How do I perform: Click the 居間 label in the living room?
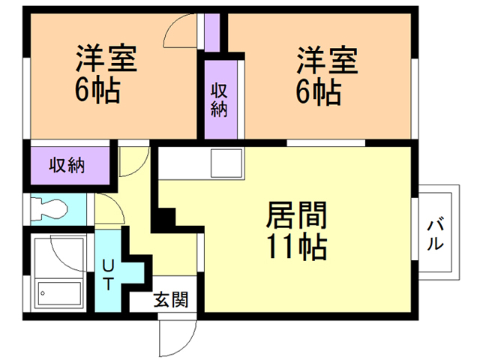pos(297,217)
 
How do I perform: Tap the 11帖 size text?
pos(297,246)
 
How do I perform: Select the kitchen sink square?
pos(226,162)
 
